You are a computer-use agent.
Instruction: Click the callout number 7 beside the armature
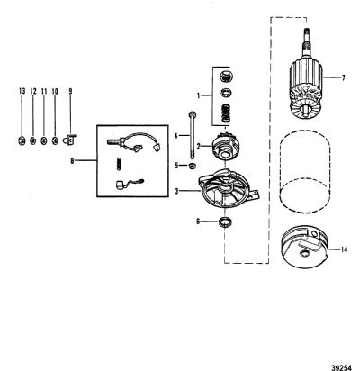pyautogui.click(x=343, y=77)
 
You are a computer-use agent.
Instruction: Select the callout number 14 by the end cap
pyautogui.click(x=345, y=249)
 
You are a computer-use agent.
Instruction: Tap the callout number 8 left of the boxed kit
pyautogui.click(x=72, y=161)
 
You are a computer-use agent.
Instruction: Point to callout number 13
pyautogui.click(x=22, y=91)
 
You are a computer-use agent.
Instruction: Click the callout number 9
pyautogui.click(x=70, y=91)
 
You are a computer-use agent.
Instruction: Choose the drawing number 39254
pyautogui.click(x=342, y=367)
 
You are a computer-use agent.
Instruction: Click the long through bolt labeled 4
pyautogui.click(x=192, y=135)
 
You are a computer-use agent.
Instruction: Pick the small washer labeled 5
pyautogui.click(x=193, y=166)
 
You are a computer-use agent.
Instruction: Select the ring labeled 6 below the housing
pyautogui.click(x=226, y=222)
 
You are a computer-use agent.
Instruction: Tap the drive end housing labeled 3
pyautogui.click(x=229, y=188)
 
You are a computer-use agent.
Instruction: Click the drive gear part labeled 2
pyautogui.click(x=226, y=146)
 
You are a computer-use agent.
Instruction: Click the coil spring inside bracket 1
pyautogui.click(x=227, y=113)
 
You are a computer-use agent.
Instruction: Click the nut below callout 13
pyautogui.click(x=22, y=140)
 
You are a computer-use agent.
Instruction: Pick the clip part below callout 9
pyautogui.click(x=70, y=140)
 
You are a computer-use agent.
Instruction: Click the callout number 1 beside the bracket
pyautogui.click(x=198, y=95)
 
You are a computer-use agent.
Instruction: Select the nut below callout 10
pyautogui.click(x=55, y=140)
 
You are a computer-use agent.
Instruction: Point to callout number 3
pyautogui.click(x=177, y=191)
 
